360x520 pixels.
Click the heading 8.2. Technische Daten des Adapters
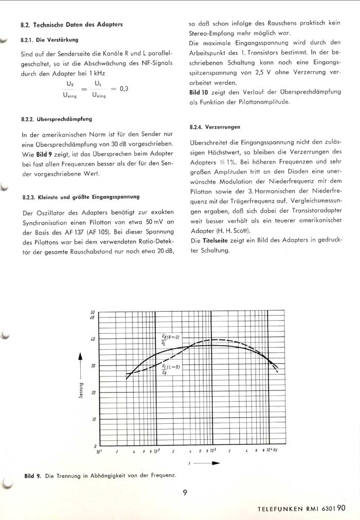(x=71, y=24)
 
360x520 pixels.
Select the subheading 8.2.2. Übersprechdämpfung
(x=57, y=119)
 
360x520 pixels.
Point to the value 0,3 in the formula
(x=124, y=88)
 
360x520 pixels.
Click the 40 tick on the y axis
(x=93, y=339)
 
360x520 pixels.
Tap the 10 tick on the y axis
(x=93, y=419)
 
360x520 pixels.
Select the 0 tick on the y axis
(x=95, y=446)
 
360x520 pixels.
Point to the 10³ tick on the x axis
(x=212, y=451)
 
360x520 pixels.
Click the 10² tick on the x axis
(x=155, y=451)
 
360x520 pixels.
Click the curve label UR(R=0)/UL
(x=170, y=339)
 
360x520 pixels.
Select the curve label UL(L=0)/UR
(x=171, y=369)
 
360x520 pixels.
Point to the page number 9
(x=185, y=492)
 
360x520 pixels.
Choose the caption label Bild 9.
(x=32, y=476)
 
